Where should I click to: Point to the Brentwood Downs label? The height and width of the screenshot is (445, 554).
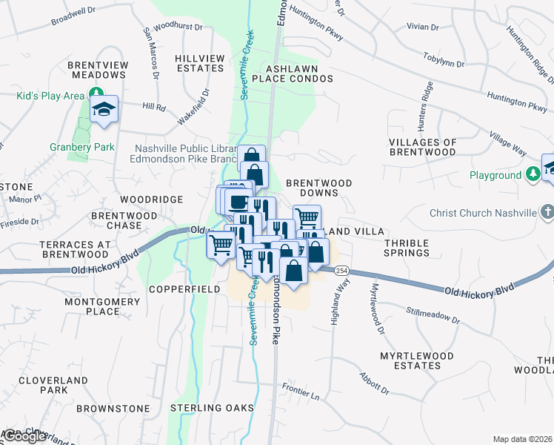point(318,188)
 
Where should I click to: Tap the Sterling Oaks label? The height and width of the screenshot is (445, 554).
point(207,408)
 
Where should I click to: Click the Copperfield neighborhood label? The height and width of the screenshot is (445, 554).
point(184,289)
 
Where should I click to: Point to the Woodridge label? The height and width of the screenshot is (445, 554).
point(152,200)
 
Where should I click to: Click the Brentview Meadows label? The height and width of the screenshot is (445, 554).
point(97,70)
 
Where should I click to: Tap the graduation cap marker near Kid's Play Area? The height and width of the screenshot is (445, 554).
point(104,109)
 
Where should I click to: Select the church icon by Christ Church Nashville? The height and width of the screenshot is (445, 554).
point(547,213)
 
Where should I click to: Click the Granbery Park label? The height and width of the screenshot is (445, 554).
point(82,147)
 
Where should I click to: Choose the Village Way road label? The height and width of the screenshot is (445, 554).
point(507,145)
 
